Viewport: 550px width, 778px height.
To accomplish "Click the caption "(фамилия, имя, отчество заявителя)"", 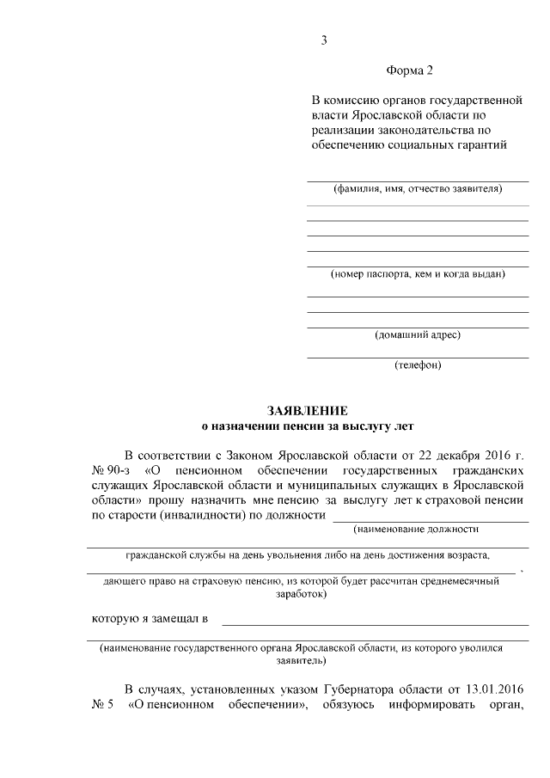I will point(418,188).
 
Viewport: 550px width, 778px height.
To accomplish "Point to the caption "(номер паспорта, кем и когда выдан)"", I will point(418,274).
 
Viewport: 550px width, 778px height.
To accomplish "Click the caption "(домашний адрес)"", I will point(418,334).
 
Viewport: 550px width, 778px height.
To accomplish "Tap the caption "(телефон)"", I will point(418,364).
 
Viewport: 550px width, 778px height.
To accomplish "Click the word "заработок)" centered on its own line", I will point(300,594).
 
